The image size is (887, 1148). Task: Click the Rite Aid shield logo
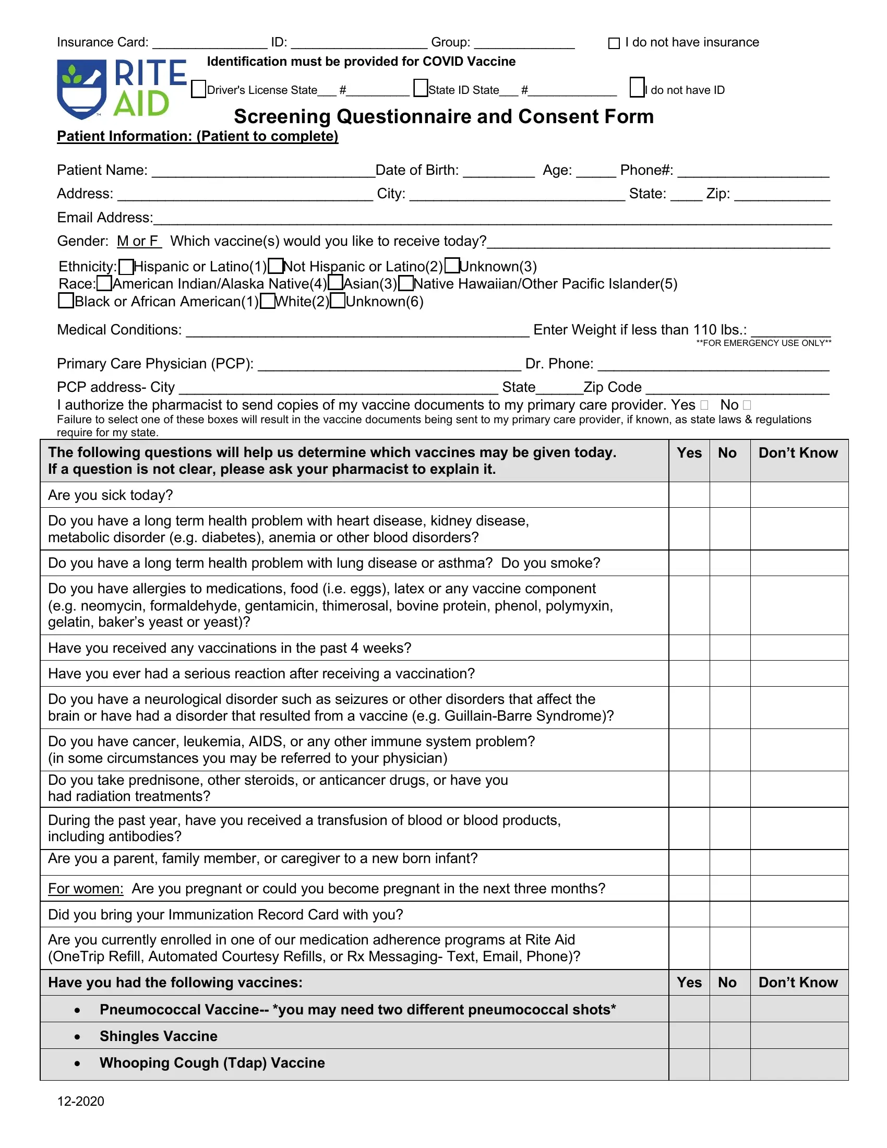pos(81,88)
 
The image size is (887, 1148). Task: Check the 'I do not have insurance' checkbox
pos(614,43)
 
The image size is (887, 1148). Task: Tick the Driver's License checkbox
pos(198,89)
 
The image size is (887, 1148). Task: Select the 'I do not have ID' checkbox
pos(637,87)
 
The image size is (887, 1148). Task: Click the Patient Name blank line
pos(263,171)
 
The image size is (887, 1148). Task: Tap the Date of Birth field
pos(498,171)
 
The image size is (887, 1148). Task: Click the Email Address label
pos(104,218)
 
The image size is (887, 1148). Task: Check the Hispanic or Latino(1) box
pos(126,267)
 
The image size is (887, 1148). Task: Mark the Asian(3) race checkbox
pos(335,283)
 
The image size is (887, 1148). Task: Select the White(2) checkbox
pos(268,301)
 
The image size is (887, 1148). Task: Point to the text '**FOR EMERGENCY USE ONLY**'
pos(763,343)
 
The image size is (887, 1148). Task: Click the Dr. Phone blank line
pos(713,364)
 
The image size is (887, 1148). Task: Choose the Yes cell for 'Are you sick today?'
pos(689,495)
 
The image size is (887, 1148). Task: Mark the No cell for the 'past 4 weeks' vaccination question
pos(729,648)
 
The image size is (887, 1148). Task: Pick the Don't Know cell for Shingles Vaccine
pos(799,1035)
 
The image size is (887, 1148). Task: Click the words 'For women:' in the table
pos(85,888)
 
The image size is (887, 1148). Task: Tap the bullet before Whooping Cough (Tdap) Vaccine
pos(77,1063)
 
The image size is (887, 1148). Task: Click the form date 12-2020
pos(80,1101)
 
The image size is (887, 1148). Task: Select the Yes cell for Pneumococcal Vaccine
pos(689,1009)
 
